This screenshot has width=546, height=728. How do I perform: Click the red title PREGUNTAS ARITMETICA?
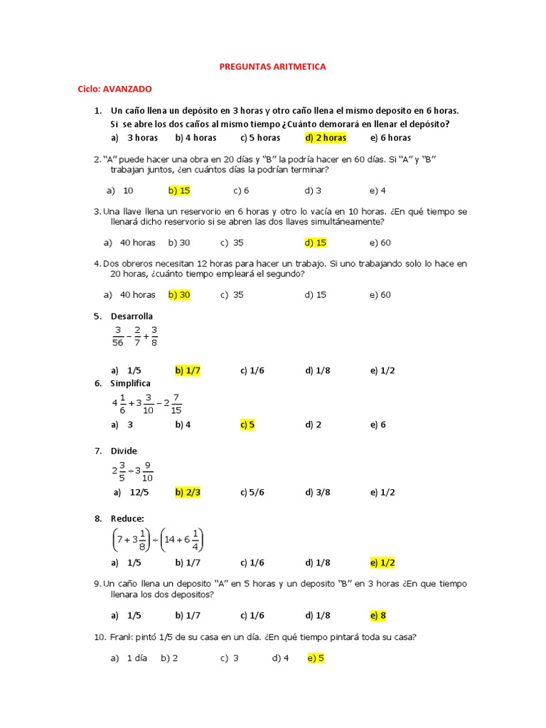(272, 66)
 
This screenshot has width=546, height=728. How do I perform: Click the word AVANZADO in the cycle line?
(127, 89)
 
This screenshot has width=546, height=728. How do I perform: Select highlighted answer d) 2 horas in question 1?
(326, 138)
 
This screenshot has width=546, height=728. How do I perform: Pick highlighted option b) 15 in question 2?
(179, 191)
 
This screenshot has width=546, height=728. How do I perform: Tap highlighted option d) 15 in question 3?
(316, 242)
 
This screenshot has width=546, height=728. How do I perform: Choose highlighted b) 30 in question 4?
(179, 294)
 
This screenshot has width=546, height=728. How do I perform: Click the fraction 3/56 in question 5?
(118, 336)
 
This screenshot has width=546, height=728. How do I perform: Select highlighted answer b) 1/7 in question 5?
(188, 370)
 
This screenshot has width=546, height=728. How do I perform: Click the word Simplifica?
(131, 383)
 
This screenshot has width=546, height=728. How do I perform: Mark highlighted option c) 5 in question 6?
(247, 424)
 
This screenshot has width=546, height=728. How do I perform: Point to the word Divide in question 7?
(124, 451)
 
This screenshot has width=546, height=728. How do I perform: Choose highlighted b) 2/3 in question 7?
(188, 492)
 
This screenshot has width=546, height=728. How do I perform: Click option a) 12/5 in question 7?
(130, 492)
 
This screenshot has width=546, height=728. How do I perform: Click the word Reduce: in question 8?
(127, 518)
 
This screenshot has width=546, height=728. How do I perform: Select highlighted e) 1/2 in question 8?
(382, 562)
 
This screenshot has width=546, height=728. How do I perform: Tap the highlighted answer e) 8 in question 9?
(378, 615)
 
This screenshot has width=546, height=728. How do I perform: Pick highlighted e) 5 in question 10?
(316, 658)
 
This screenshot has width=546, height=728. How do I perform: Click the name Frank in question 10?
(124, 638)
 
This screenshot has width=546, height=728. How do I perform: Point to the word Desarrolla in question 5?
(132, 316)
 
